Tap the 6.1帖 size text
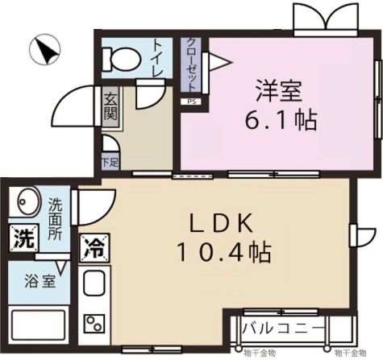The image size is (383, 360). pyautogui.click(x=281, y=122)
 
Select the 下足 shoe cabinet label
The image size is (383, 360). pyautogui.click(x=109, y=163)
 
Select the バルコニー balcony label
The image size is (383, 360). pyautogui.click(x=283, y=328)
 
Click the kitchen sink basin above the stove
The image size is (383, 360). pyautogui.click(x=94, y=286)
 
